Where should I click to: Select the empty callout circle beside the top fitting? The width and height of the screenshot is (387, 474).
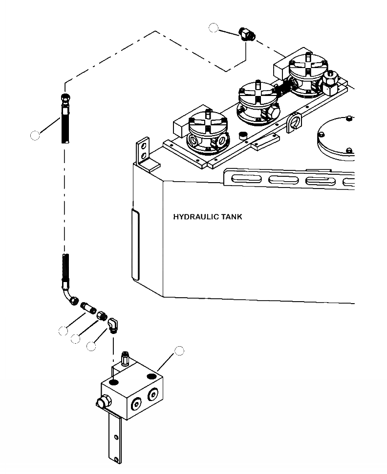coord(214,28)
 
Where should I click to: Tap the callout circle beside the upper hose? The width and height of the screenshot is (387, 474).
coord(35,136)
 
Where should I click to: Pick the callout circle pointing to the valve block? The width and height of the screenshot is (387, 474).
coord(179,350)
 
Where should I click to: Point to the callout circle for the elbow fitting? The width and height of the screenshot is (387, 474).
coord(91,346)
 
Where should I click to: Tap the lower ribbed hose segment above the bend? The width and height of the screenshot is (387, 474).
coord(65,267)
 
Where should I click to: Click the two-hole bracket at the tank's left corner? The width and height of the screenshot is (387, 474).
coord(142,153)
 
